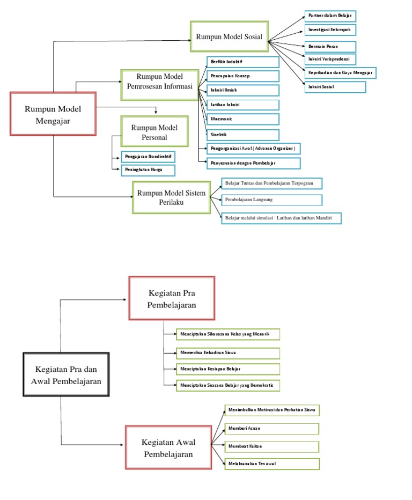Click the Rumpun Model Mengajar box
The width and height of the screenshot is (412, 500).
click(x=53, y=114)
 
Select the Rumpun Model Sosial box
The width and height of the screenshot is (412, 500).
click(x=229, y=36)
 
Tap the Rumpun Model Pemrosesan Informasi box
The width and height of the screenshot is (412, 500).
click(x=160, y=85)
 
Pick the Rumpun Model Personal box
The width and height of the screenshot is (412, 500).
click(x=154, y=131)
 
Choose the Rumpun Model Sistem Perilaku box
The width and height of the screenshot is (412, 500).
click(x=171, y=197)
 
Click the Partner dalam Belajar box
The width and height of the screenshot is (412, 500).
click(x=330, y=16)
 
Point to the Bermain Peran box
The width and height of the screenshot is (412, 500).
click(x=330, y=47)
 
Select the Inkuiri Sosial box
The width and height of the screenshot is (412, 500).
click(x=335, y=87)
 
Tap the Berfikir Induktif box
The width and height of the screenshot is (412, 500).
click(x=242, y=62)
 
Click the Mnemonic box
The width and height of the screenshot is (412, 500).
click(x=242, y=119)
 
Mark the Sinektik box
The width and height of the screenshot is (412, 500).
click(x=242, y=135)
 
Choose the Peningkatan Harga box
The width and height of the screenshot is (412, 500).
click(x=148, y=170)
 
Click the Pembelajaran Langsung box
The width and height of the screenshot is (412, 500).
click(x=271, y=200)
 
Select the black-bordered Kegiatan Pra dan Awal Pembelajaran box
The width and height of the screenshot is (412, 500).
click(x=66, y=374)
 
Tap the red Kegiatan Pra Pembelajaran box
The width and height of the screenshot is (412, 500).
click(x=172, y=298)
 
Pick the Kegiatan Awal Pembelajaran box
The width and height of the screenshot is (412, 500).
click(x=168, y=448)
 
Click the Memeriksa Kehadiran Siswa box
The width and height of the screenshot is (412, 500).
click(x=228, y=354)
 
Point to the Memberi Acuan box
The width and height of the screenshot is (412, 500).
click(x=272, y=429)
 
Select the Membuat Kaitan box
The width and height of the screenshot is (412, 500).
click(x=272, y=447)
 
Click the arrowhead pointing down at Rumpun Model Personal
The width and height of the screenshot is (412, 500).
click(x=156, y=112)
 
